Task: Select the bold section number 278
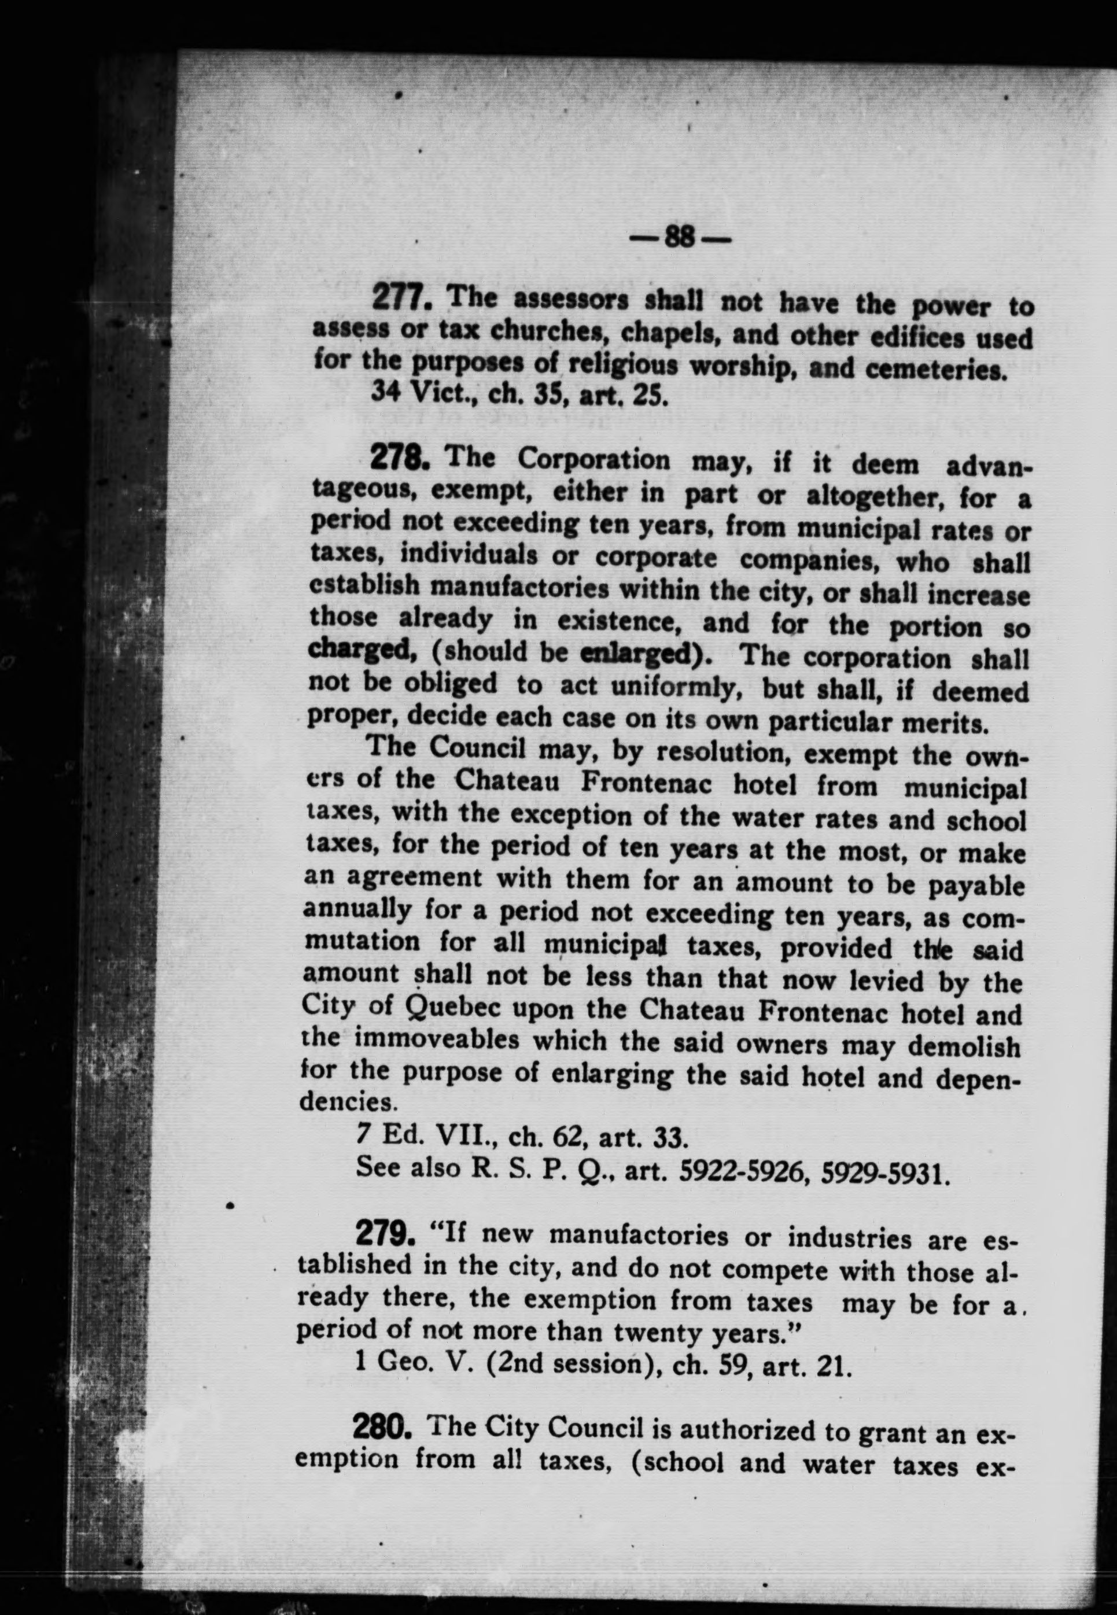click(x=397, y=460)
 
